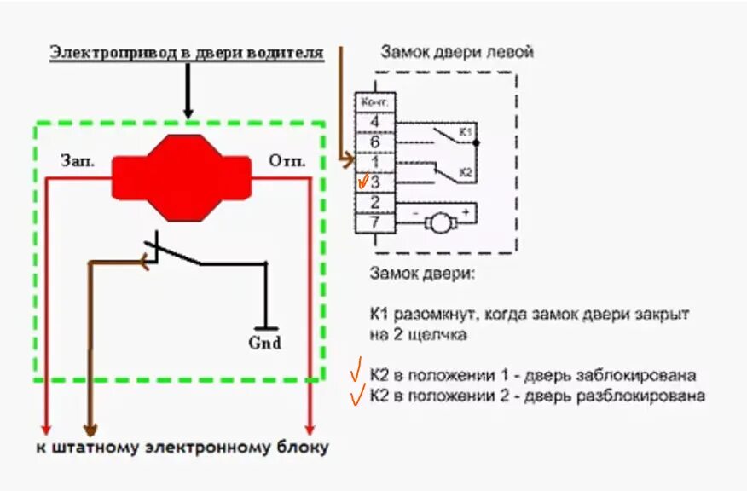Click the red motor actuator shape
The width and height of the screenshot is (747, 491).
[181, 176]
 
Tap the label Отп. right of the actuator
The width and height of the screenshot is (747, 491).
[287, 160]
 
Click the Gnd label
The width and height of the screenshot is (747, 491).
[264, 343]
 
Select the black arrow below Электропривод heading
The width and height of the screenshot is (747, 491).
[188, 94]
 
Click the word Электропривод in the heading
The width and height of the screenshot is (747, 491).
[113, 53]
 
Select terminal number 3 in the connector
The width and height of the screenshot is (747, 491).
[375, 182]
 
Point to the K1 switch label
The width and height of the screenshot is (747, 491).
[466, 132]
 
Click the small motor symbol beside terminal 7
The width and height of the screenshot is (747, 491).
[440, 223]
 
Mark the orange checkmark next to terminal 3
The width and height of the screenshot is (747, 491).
[364, 181]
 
